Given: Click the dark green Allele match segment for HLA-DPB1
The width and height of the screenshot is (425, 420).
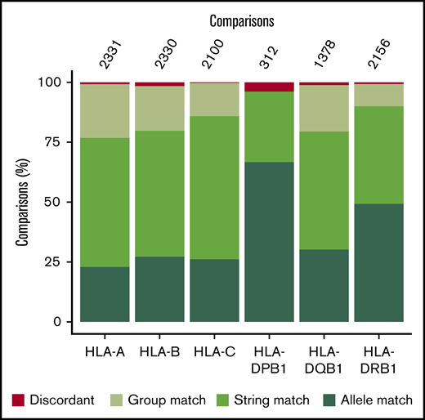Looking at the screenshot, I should point(267,242).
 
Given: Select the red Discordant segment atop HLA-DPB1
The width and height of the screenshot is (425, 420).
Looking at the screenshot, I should point(267,87).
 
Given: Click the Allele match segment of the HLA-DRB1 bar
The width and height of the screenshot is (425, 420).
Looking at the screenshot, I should point(378,262).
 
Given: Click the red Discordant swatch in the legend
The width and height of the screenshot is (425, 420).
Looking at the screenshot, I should point(18,400).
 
